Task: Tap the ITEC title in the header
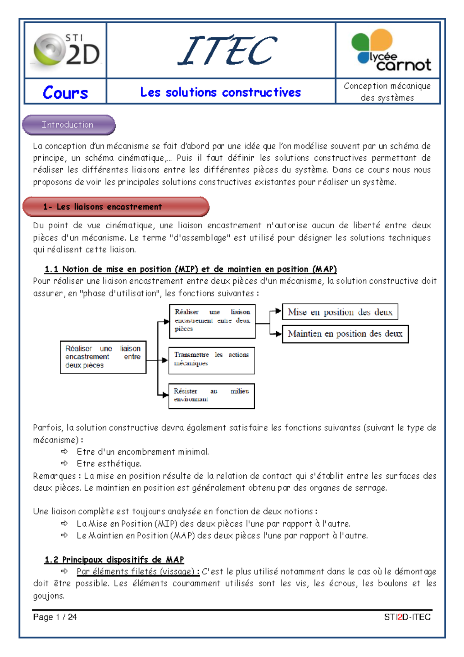227,51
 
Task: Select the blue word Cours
65,93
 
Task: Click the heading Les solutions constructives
220,92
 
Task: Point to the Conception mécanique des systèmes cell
387,92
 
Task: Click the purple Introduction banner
68,125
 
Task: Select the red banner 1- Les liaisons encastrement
116,207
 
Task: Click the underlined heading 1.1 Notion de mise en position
190,269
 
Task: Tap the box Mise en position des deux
340,312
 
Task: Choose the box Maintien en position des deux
345,334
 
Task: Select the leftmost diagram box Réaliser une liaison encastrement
103,357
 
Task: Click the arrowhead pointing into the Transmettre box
165,360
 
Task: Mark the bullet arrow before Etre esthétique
65,463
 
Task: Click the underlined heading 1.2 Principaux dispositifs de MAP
114,559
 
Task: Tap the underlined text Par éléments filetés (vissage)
138,571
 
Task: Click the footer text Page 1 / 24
55,617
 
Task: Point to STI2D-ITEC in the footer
407,617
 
